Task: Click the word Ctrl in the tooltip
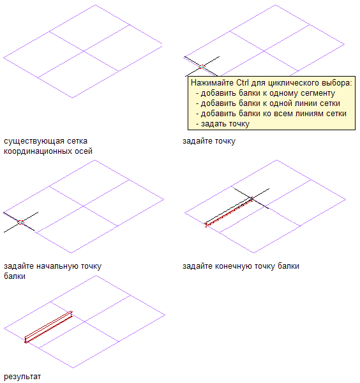point(243,83)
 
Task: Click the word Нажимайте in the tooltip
point(212,83)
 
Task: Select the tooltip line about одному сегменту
point(266,93)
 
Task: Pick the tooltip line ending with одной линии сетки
point(268,103)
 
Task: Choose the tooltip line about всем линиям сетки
point(271,114)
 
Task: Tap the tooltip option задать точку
point(223,124)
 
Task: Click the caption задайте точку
point(209,141)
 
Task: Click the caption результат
point(22,377)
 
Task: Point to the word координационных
point(38,151)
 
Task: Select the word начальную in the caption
point(57,266)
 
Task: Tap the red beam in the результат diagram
point(49,327)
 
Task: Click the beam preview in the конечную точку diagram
point(229,212)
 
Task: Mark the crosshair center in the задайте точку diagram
point(202,66)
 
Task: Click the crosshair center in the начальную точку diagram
point(21,222)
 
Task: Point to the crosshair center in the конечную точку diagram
point(251,199)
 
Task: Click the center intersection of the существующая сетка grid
point(84,51)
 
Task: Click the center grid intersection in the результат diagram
point(85,322)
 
